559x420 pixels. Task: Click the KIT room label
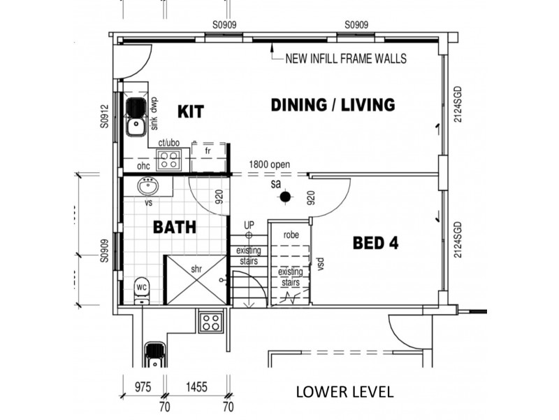point(191,111)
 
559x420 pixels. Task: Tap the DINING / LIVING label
point(333,105)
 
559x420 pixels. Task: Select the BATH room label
point(175,227)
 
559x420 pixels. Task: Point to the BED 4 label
point(376,243)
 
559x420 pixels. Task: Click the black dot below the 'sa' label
point(285,197)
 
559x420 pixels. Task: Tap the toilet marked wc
point(143,290)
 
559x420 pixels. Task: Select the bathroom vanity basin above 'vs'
point(148,186)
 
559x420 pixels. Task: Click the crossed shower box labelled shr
point(196,280)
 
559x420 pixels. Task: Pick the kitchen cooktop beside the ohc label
point(168,160)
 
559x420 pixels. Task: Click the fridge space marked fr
point(208,157)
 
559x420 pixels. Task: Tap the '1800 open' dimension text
point(270,164)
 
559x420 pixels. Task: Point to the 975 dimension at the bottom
point(143,387)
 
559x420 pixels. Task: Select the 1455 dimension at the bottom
point(196,387)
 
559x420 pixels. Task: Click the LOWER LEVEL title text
point(344,392)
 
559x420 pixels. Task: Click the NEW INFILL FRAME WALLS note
point(346,58)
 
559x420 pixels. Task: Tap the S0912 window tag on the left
point(103,116)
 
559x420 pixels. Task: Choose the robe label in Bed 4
point(291,235)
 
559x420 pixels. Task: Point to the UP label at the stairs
point(249,225)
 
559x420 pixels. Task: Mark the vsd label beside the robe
point(320,265)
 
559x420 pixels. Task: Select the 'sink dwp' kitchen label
point(154,114)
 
